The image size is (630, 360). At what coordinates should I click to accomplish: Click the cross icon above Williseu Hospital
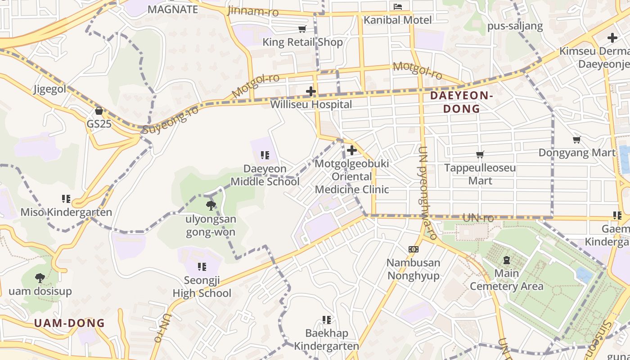310,91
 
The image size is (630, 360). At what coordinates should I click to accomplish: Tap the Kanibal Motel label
397,20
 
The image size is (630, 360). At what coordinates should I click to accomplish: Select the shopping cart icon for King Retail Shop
302,29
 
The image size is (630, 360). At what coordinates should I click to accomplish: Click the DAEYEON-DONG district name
461,102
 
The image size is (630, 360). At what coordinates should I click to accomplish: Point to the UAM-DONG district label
69,323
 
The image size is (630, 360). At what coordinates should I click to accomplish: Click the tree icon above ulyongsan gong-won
210,206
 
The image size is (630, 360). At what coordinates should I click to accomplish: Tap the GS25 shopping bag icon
99,110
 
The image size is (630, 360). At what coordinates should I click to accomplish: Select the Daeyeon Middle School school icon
265,155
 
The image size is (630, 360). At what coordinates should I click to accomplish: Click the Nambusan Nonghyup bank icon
413,249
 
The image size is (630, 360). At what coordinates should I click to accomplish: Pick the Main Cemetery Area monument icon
507,260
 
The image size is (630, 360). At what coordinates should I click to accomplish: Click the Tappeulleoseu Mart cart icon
480,154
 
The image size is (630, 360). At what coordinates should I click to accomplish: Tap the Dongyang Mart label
576,153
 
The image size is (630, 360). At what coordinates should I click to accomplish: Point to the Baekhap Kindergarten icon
327,320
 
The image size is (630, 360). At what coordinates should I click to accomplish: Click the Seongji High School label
202,287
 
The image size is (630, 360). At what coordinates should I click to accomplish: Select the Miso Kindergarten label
66,212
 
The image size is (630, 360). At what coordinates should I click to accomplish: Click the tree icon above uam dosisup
40,278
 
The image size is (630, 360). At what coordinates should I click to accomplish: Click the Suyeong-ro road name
170,120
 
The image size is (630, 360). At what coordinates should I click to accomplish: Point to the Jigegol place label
49,89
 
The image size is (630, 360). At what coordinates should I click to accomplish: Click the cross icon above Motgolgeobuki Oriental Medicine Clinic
352,150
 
